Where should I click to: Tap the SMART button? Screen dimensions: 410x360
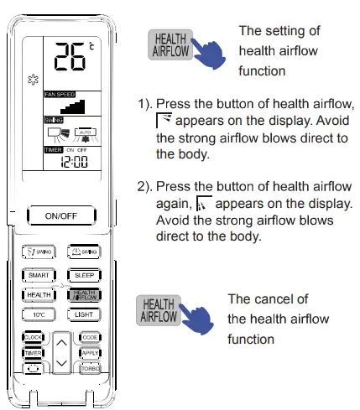[39, 273]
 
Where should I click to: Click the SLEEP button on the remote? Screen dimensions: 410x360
[85, 273]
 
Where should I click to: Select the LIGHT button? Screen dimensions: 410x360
[85, 314]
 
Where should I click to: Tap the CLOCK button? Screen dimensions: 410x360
[33, 337]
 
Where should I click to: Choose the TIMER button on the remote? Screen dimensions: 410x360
[33, 353]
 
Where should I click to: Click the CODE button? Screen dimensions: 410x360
[90, 337]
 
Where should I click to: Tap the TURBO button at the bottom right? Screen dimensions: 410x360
[90, 368]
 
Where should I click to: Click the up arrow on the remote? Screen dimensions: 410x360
[61, 341]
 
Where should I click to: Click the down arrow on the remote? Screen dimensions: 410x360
[61, 364]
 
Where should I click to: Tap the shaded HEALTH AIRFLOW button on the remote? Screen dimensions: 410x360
[85, 293]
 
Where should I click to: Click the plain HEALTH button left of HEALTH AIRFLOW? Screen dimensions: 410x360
[39, 294]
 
